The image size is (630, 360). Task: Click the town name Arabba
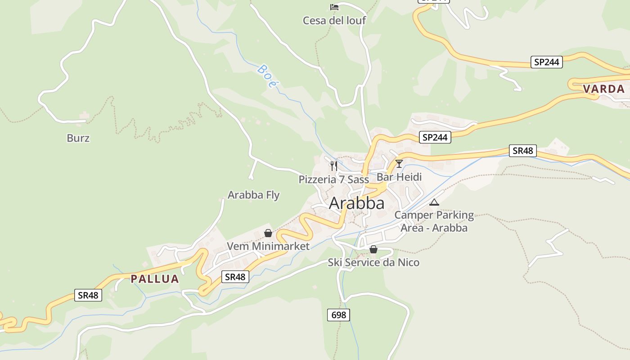pyautogui.click(x=357, y=203)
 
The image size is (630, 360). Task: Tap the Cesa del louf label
pyautogui.click(x=334, y=20)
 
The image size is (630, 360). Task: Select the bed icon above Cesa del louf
pyautogui.click(x=334, y=7)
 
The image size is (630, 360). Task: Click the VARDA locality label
pyautogui.click(x=604, y=89)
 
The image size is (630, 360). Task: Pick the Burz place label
pyautogui.click(x=78, y=138)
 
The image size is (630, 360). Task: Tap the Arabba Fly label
pyautogui.click(x=253, y=195)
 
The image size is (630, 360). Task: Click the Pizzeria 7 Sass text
pyautogui.click(x=333, y=180)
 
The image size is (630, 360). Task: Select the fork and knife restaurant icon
pyautogui.click(x=333, y=166)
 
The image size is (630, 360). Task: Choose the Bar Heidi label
pyautogui.click(x=399, y=177)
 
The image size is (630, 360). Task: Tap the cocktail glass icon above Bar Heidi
pyautogui.click(x=399, y=163)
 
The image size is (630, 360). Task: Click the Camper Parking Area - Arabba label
pyautogui.click(x=434, y=221)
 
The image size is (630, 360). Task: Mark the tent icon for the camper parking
pyautogui.click(x=434, y=202)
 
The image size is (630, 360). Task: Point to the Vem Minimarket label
pyautogui.click(x=268, y=246)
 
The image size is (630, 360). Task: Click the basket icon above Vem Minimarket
pyautogui.click(x=268, y=233)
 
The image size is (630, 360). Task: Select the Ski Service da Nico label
pyautogui.click(x=373, y=262)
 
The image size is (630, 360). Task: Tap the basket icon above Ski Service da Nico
pyautogui.click(x=373, y=249)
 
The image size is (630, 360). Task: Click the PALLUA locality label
pyautogui.click(x=155, y=279)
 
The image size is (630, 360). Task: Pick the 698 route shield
pyautogui.click(x=338, y=315)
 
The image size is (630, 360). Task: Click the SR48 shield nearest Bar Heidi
pyautogui.click(x=523, y=151)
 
